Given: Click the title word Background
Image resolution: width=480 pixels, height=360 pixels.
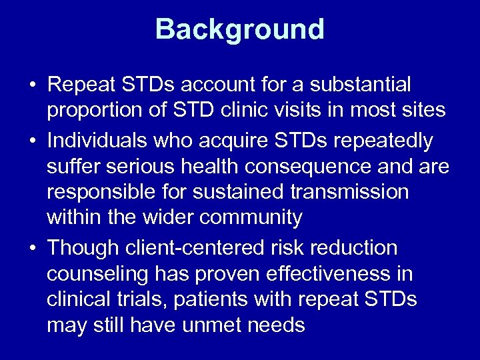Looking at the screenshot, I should coord(240,29).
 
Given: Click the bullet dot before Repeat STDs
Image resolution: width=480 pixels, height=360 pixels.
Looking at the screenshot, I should coord(33,85).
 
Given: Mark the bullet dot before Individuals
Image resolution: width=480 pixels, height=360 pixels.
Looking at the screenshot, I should coord(33,141).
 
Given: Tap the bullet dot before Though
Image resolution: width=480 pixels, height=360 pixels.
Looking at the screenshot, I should coord(33,248).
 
